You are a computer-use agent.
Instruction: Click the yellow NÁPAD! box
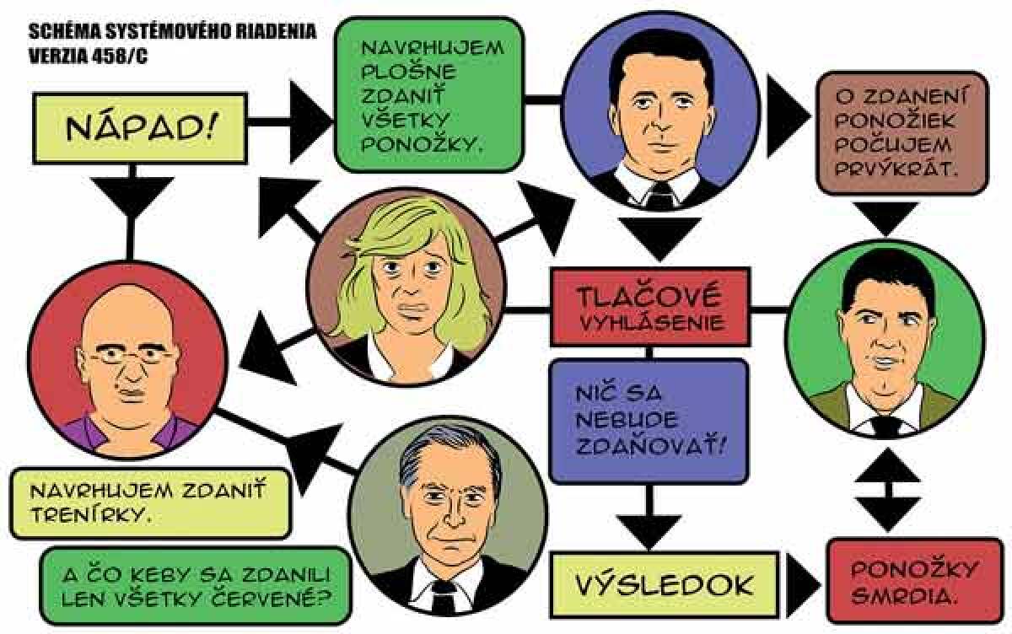click(140, 128)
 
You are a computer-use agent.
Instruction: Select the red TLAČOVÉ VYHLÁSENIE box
click(650, 307)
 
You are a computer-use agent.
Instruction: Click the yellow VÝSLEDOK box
click(665, 585)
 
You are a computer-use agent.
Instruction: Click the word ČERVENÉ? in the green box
click(271, 599)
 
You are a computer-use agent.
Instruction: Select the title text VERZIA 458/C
click(88, 56)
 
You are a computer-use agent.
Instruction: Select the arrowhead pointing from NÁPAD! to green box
click(310, 121)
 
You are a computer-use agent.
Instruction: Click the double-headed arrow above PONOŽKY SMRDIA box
click(888, 490)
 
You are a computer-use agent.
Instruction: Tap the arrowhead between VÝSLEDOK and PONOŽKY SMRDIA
click(802, 585)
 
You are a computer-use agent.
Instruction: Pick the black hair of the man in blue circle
click(661, 59)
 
